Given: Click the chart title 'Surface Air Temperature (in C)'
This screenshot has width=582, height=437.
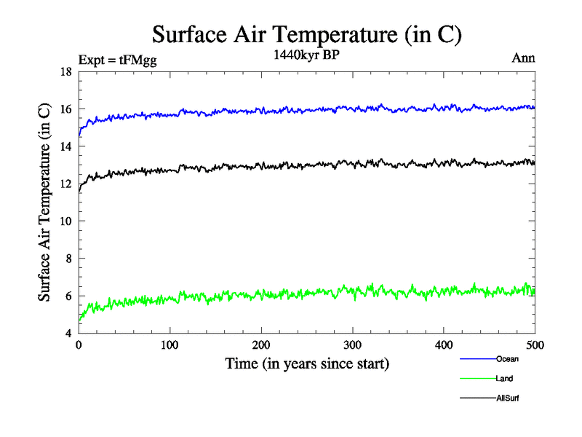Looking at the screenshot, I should point(306,34).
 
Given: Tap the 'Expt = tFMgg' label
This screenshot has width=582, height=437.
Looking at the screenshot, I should point(117,60).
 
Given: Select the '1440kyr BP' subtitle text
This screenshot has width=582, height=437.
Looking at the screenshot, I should point(306,55).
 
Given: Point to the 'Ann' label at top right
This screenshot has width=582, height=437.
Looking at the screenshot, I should point(524,59).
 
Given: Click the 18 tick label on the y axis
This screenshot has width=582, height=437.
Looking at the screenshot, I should point(65,72).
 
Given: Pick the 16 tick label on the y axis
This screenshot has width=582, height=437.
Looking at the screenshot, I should point(65,109).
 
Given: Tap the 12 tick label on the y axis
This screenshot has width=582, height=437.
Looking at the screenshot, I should point(65,184).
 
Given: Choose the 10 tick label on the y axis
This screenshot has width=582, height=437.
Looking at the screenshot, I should point(65,221).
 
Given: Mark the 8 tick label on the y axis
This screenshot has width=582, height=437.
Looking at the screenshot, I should point(68,259).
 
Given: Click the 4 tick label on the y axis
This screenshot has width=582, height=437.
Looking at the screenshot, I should point(68,333).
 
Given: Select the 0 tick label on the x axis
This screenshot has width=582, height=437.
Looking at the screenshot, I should point(79,345).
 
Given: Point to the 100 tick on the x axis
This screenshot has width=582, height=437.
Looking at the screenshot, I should point(170,345).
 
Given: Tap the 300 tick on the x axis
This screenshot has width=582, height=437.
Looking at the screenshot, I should point(352,345).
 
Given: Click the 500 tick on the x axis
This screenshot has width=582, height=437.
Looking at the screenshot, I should point(535,345).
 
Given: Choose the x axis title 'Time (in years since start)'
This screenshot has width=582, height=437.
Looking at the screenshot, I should point(306,363).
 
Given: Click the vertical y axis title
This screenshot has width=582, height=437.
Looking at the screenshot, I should point(44,202).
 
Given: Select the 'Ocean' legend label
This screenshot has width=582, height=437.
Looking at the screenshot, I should point(507,359).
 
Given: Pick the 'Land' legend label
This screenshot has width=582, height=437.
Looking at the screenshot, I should point(504,379).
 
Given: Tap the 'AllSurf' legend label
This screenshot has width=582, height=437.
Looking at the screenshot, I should point(507,398).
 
